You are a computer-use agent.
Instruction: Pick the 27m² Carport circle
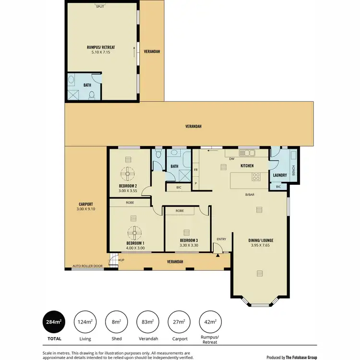[x=179, y=323]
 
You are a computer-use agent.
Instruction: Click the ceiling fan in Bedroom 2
[x=129, y=173]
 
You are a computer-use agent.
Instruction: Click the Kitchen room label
[x=247, y=166]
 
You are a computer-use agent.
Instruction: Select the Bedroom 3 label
[x=189, y=240]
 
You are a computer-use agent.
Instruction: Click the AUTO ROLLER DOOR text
[x=87, y=265]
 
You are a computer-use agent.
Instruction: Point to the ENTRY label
[x=221, y=239]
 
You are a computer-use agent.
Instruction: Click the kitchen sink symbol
[x=249, y=153]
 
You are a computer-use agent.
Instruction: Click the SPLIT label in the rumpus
[x=100, y=7]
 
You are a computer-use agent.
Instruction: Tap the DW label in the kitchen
[x=231, y=158]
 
